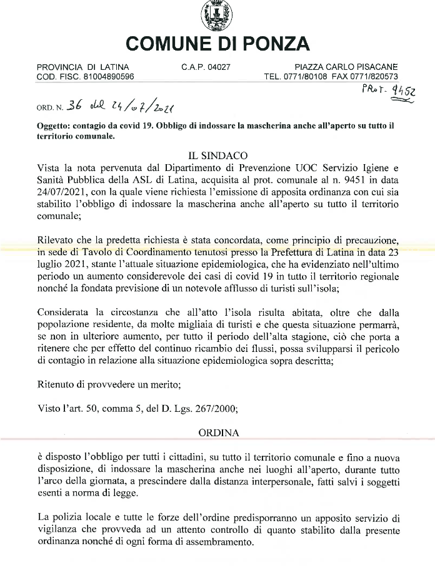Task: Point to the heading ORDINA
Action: [217, 432]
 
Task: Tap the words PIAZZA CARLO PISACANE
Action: [346, 67]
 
